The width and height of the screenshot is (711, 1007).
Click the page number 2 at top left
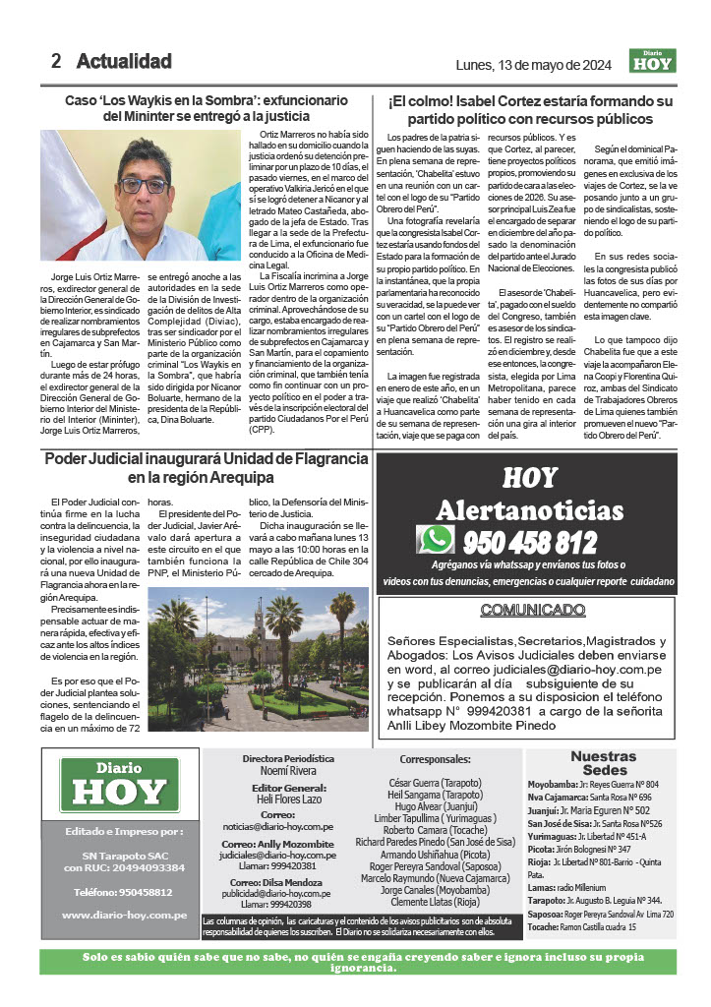pyautogui.click(x=57, y=61)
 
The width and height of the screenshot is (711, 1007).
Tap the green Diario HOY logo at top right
pyautogui.click(x=653, y=62)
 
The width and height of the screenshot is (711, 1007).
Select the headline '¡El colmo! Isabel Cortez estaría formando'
pyautogui.click(x=529, y=109)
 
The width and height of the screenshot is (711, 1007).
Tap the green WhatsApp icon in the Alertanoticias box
pyautogui.click(x=435, y=539)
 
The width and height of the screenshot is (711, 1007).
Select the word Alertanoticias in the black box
pyautogui.click(x=529, y=510)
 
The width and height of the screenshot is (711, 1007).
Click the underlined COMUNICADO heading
pyautogui.click(x=529, y=610)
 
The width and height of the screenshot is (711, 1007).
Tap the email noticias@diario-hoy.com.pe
pyautogui.click(x=288, y=827)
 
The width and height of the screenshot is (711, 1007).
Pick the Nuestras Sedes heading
pyautogui.click(x=605, y=763)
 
